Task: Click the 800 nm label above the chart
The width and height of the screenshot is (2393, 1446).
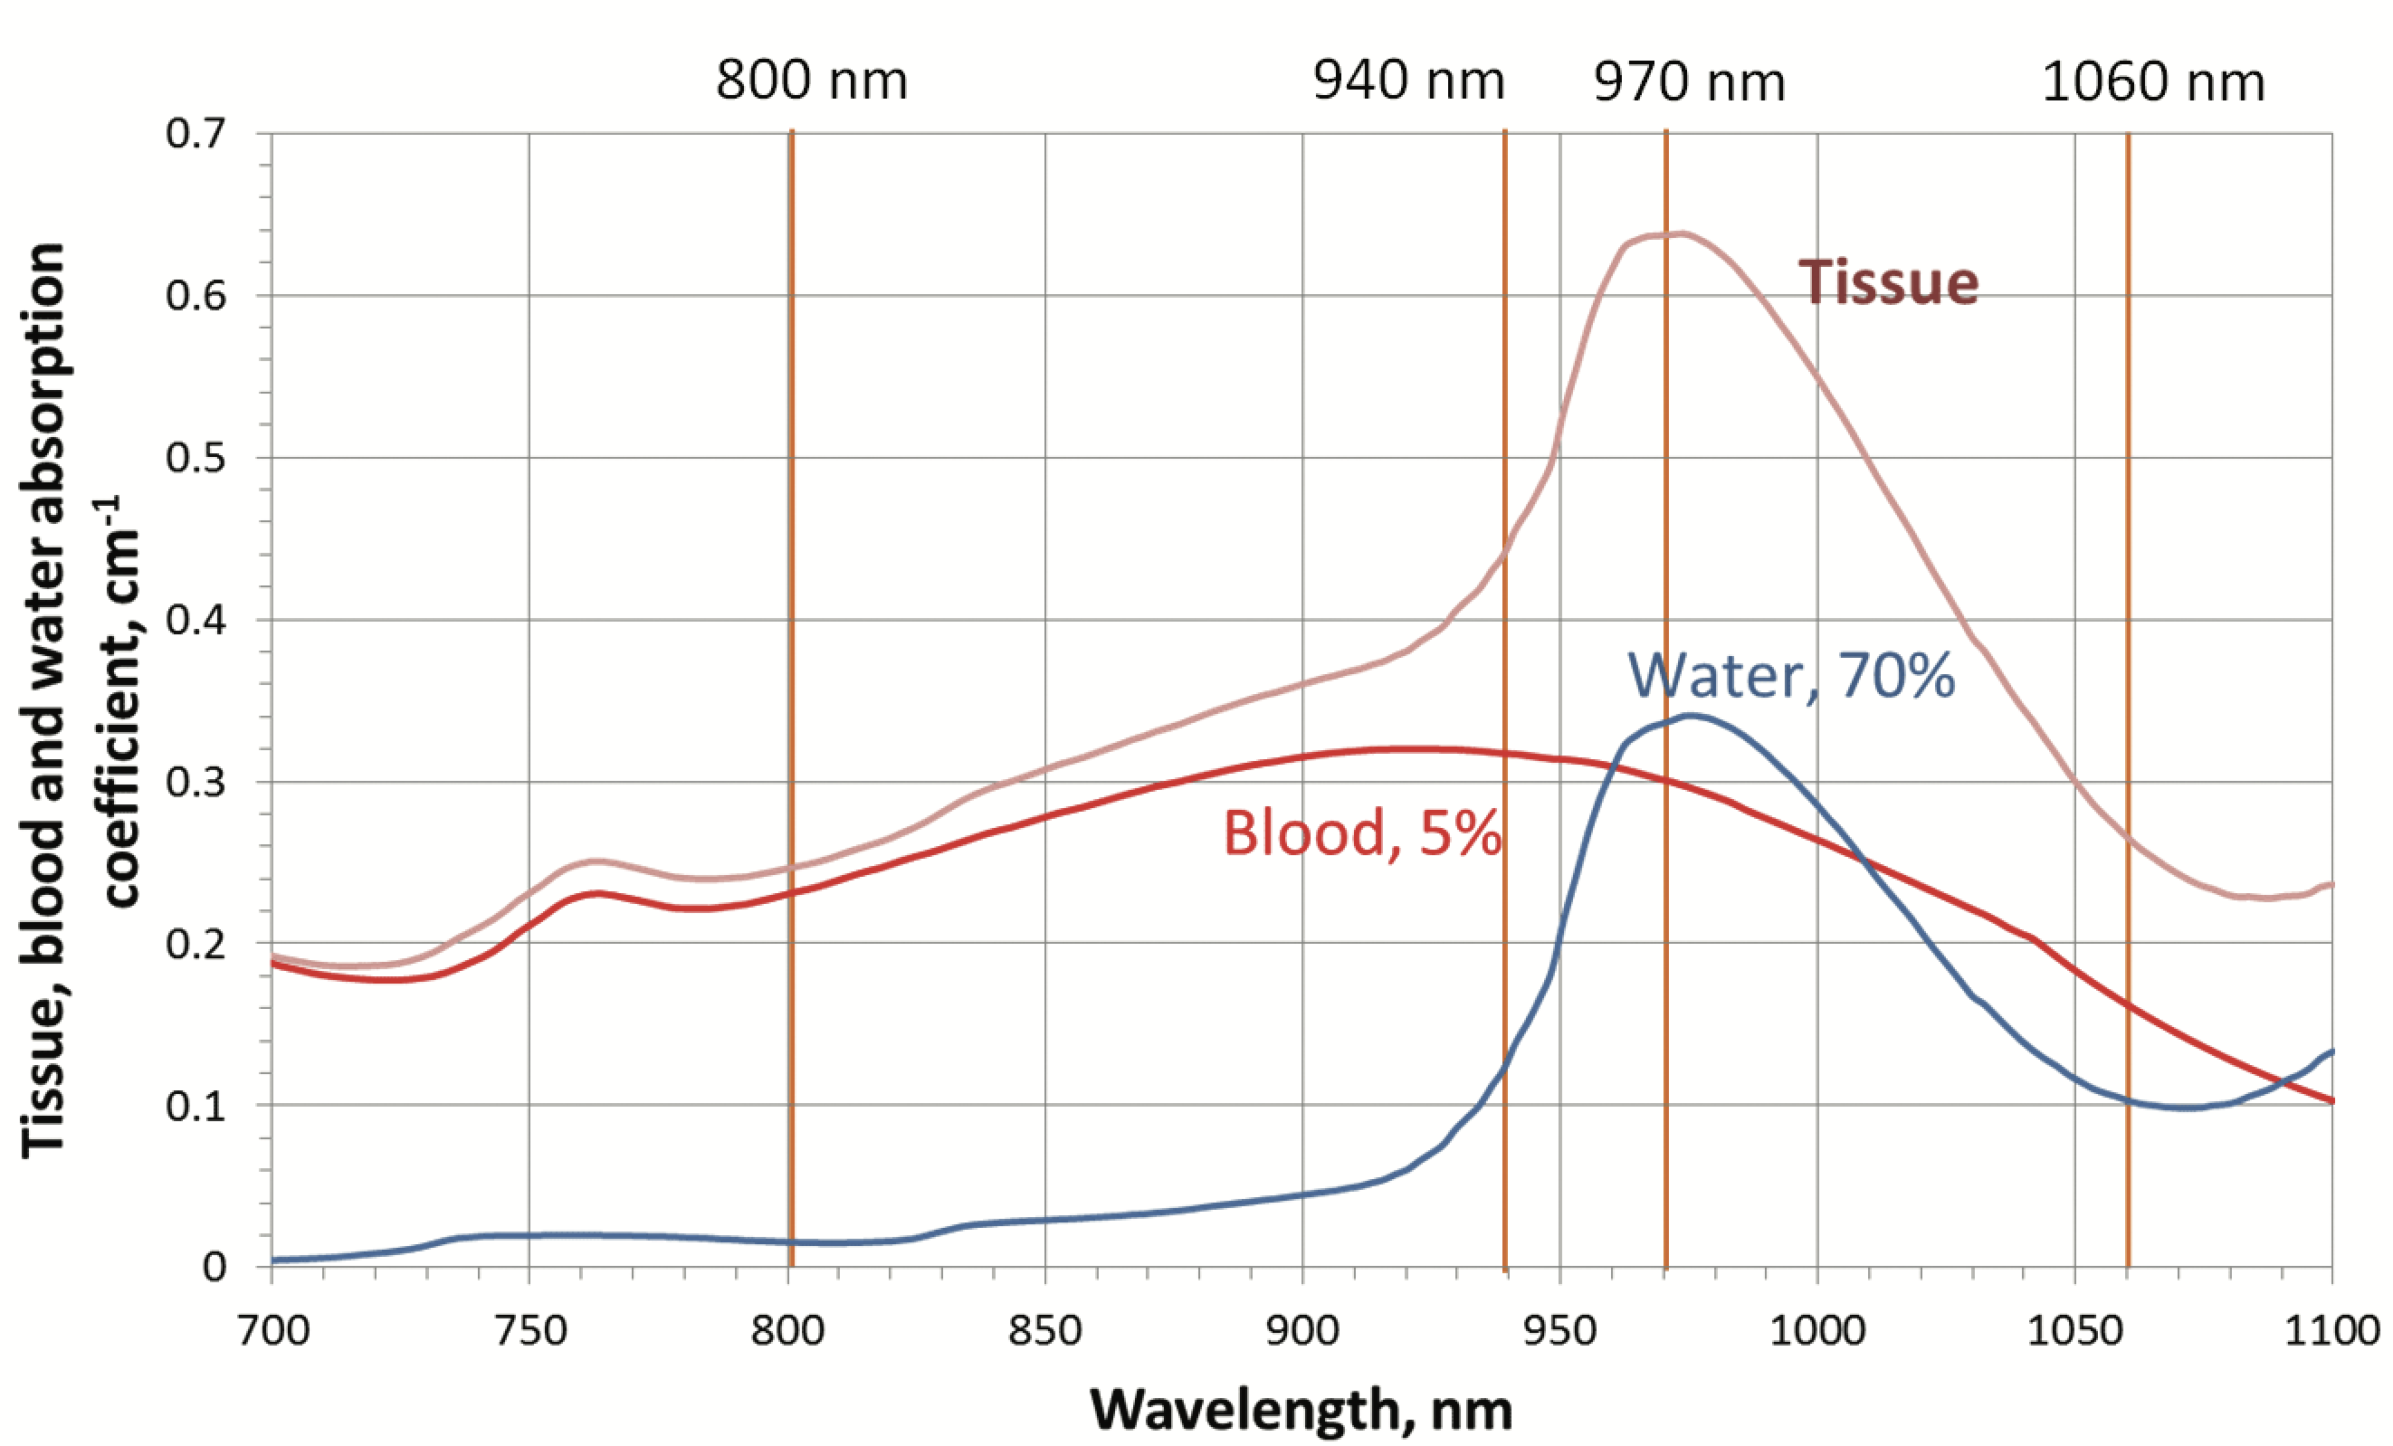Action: point(811,81)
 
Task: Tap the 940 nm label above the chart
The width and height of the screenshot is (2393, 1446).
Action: point(1407,81)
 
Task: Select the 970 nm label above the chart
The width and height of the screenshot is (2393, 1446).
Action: point(1689,82)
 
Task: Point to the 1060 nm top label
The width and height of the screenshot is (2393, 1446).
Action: point(2153,82)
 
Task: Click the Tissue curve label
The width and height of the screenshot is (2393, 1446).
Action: point(1888,282)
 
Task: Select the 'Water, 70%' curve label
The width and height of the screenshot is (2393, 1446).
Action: point(1791,676)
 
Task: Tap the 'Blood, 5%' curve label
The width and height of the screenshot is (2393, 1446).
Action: point(1361,833)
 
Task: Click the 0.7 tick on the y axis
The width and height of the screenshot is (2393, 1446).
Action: point(195,134)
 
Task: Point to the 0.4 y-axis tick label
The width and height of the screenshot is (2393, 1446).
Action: point(195,620)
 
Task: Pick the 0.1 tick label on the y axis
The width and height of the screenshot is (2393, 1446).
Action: point(195,1105)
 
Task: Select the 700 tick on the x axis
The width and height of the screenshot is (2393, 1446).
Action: point(273,1330)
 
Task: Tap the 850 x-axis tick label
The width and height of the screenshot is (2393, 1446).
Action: point(1044,1330)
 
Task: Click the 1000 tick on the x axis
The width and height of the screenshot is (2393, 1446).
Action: point(1817,1330)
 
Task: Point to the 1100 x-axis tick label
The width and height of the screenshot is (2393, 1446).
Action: point(2331,1330)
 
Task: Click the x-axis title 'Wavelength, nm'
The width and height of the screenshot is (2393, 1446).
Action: point(1301,1409)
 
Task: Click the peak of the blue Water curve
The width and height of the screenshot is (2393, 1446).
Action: point(1692,716)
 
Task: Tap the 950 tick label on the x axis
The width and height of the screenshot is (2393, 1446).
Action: point(1559,1330)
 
